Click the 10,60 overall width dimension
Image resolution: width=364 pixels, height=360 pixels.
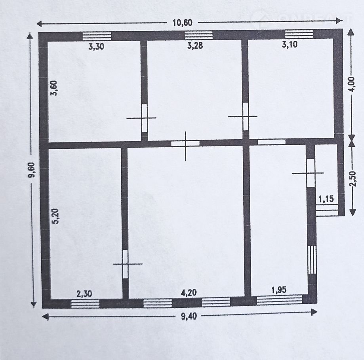[183, 23]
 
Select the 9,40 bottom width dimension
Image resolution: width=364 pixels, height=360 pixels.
[189, 316]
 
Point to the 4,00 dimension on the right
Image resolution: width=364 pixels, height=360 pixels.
[352, 84]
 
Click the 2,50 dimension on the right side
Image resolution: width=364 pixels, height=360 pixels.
[353, 179]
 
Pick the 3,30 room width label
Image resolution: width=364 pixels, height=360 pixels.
[96, 47]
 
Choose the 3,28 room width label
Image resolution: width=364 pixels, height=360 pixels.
[195, 45]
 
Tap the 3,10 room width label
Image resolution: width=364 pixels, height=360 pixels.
[290, 44]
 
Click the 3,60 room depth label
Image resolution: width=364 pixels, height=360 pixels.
[54, 88]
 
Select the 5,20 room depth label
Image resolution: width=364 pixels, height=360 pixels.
[56, 216]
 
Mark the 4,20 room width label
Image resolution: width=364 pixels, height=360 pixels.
[189, 292]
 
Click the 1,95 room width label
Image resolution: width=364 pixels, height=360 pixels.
[279, 290]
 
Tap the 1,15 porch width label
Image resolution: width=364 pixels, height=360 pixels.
[326, 199]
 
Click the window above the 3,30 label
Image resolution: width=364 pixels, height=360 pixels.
[97, 36]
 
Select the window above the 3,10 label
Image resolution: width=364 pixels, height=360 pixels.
[299, 34]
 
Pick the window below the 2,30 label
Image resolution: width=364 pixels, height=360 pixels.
[85, 304]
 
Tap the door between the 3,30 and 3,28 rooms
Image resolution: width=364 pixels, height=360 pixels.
[145, 118]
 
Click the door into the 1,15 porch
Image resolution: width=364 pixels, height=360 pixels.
[311, 173]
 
